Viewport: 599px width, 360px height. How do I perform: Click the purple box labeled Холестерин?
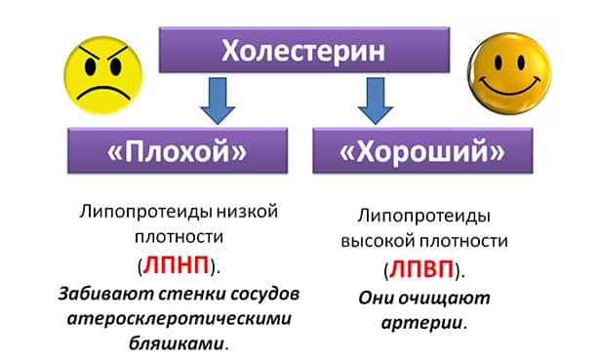click(299, 49)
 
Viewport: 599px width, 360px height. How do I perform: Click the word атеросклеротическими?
click(182, 318)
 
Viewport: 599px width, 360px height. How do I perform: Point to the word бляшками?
click(180, 343)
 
